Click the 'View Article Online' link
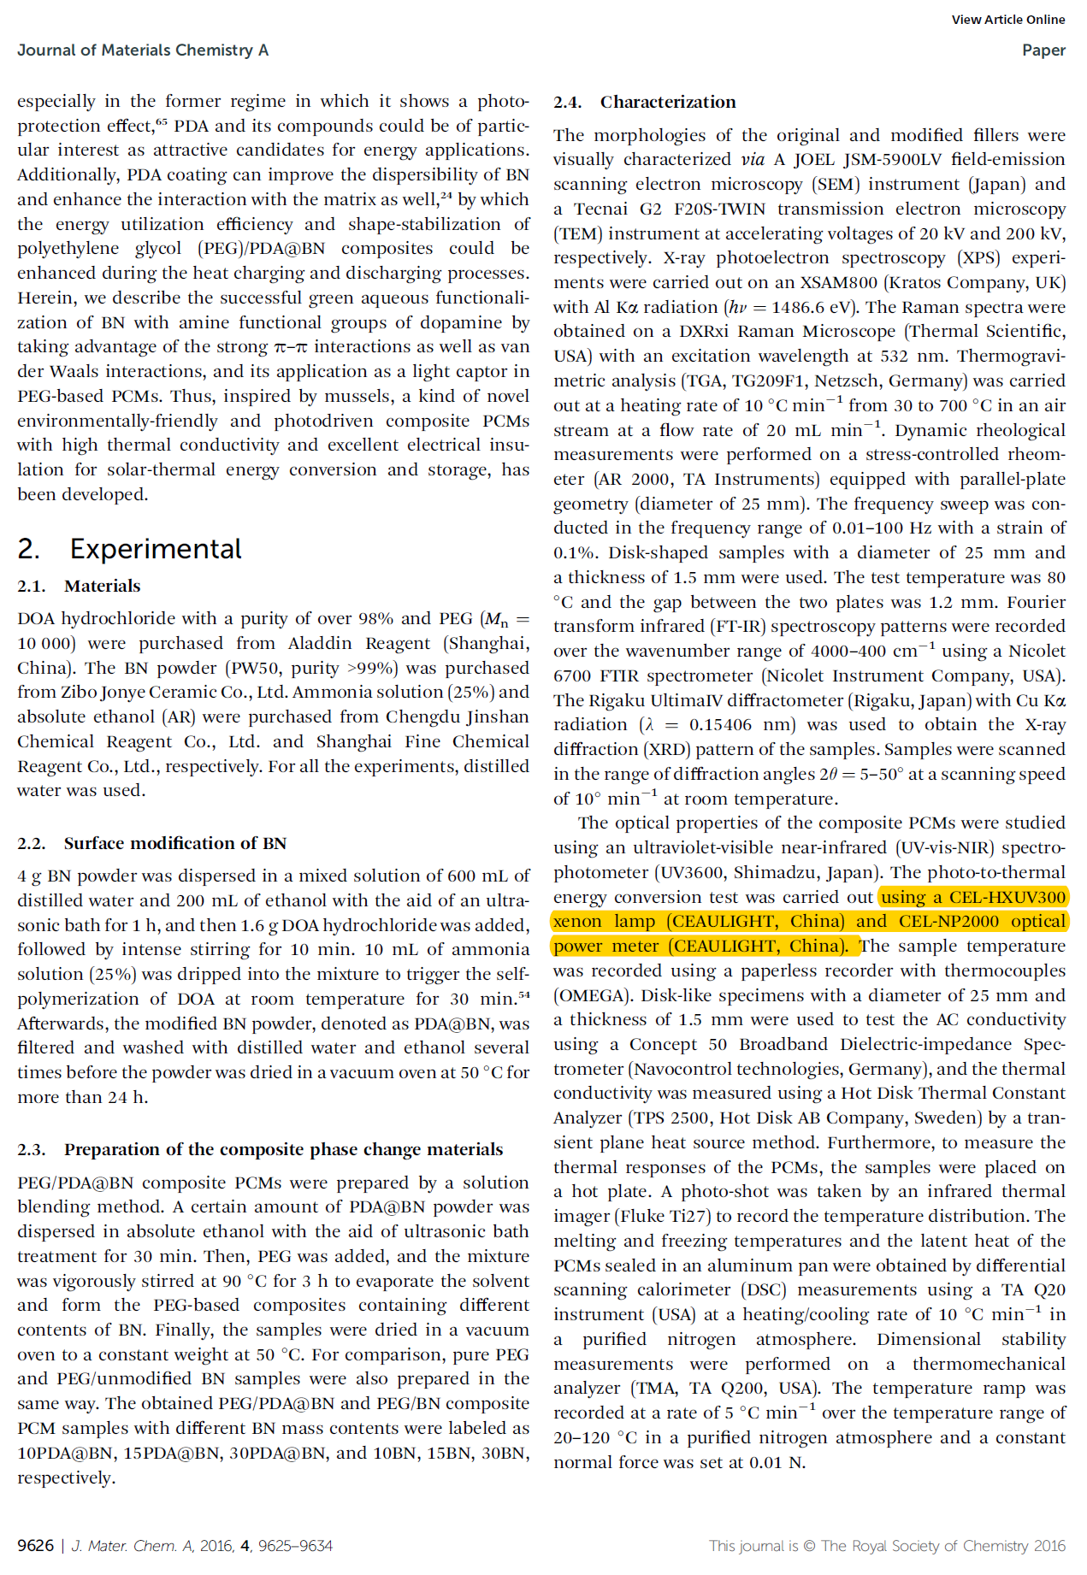pos(1007,20)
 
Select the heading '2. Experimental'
pos(129,549)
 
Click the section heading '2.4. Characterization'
pos(644,102)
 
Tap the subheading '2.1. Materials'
pos(79,586)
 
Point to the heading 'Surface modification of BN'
pos(174,843)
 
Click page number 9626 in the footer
pos(35,1546)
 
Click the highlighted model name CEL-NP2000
pos(948,922)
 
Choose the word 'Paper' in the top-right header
pos(1043,50)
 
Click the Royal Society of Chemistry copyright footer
pos(886,1546)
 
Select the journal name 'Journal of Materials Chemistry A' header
pos(143,50)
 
